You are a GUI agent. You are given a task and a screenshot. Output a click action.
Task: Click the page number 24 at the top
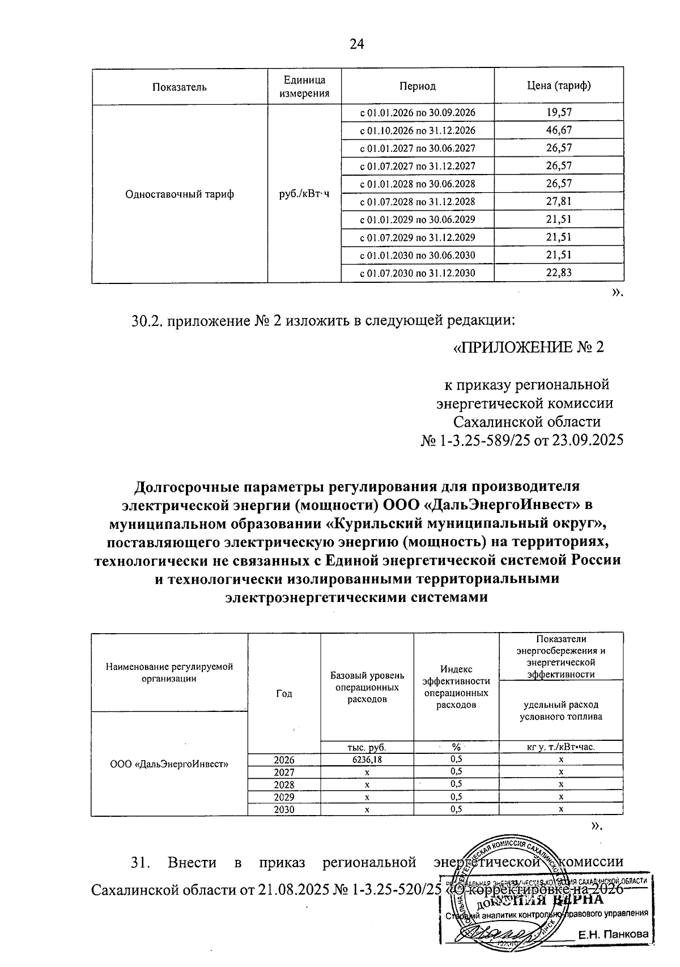(x=357, y=44)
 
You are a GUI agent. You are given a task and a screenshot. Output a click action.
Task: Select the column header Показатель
(x=180, y=87)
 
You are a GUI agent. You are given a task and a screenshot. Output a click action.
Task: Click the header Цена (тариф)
(x=559, y=86)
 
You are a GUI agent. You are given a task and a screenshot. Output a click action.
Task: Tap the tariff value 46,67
(x=559, y=130)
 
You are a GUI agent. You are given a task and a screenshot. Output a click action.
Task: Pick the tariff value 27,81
(x=559, y=201)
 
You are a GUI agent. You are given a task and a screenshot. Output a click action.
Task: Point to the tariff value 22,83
(x=559, y=273)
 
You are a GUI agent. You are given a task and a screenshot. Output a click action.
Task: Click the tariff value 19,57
(x=559, y=112)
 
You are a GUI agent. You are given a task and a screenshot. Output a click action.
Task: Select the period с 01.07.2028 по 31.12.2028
(x=418, y=202)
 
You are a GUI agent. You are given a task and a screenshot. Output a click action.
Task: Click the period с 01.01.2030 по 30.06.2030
(x=418, y=255)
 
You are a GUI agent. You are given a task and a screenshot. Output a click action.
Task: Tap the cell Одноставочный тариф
(x=180, y=194)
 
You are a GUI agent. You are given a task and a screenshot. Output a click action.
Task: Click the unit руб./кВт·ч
(x=304, y=194)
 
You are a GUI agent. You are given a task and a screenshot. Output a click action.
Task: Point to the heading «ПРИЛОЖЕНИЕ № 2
(x=528, y=347)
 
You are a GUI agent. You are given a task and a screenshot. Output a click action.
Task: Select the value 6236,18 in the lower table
(x=367, y=760)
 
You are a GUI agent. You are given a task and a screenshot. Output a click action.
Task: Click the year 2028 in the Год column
(x=284, y=784)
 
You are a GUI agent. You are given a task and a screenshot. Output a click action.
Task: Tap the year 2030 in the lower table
(x=284, y=809)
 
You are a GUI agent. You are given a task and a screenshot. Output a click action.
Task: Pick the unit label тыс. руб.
(x=367, y=747)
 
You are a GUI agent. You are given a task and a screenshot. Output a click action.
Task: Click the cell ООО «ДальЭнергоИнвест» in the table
(x=169, y=764)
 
